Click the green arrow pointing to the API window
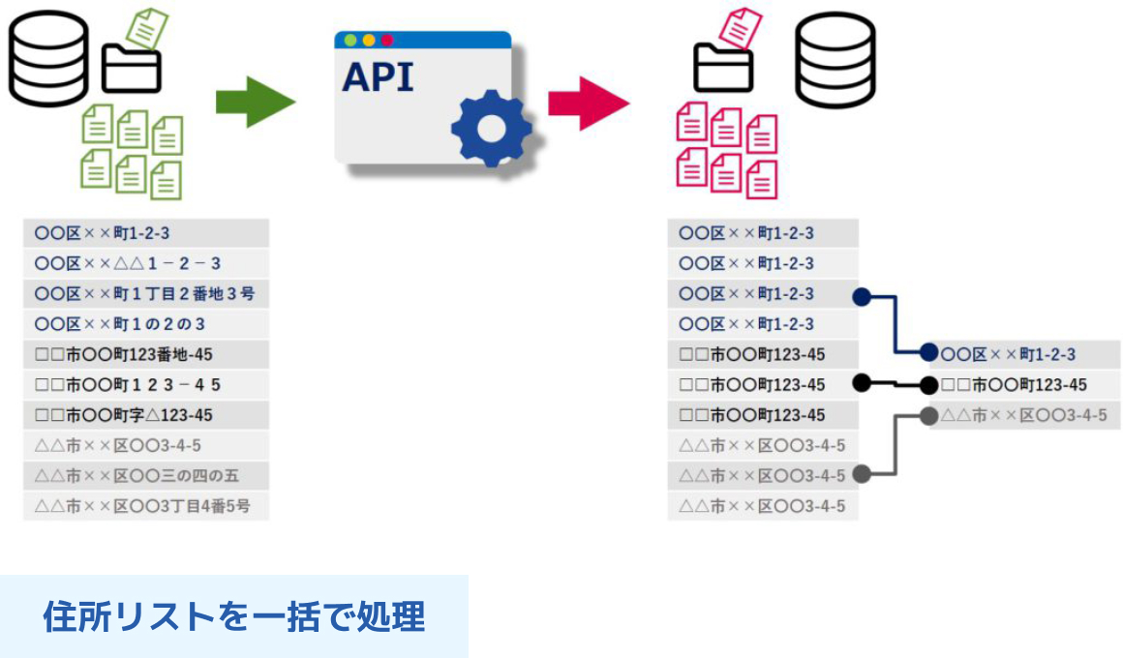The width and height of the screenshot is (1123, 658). (255, 102)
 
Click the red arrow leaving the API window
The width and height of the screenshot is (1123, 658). (589, 104)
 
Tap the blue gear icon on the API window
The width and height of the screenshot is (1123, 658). (492, 128)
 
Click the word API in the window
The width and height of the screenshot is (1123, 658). (379, 77)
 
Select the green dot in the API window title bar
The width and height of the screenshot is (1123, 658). (350, 40)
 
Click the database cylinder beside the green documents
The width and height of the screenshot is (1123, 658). (48, 59)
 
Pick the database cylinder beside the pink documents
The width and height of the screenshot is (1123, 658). (835, 59)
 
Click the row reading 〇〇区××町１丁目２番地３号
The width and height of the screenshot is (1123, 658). (146, 293)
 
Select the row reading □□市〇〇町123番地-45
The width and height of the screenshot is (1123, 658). (146, 354)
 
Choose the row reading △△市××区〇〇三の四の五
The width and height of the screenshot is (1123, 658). (146, 475)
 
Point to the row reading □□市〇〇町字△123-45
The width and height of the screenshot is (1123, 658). (146, 414)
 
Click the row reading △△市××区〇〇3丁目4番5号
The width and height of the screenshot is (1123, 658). (146, 506)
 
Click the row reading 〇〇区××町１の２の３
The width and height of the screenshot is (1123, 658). (146, 323)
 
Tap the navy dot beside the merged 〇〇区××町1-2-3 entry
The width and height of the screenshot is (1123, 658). (929, 352)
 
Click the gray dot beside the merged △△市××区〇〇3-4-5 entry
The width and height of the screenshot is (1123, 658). (929, 415)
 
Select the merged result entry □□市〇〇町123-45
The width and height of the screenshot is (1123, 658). (1025, 384)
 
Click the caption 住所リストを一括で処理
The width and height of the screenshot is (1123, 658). (234, 616)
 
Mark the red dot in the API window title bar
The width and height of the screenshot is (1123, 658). (386, 40)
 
